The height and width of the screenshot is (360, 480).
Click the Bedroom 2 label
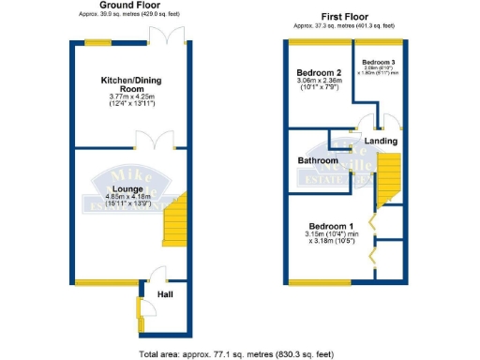pos(319,72)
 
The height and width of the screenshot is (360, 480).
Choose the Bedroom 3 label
pos(379,62)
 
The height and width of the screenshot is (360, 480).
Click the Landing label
pos(381,142)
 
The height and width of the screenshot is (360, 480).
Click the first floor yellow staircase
pos(387,180)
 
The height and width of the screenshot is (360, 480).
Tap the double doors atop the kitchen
pos(171,33)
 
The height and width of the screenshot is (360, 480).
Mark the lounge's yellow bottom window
pos(106,282)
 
